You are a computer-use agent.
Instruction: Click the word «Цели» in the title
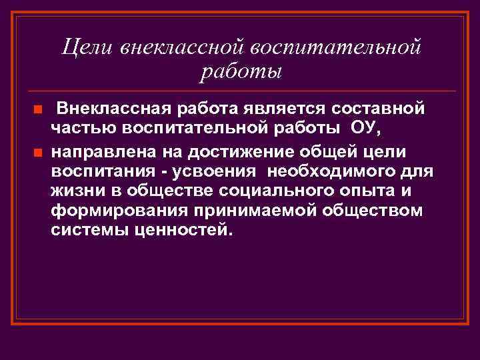click(89, 47)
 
